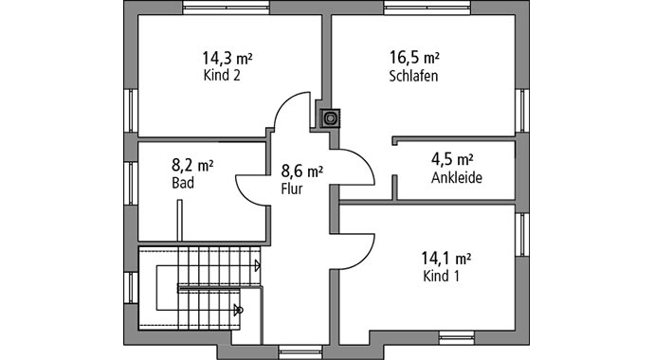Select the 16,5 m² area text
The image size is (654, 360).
414,59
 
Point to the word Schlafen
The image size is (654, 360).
413,76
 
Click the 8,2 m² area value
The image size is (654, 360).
192,165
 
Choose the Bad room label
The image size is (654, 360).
183,183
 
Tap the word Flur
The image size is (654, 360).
292,189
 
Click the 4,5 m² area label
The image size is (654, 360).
452,159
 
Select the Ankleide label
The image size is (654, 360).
456,177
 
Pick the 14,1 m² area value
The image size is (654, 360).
446,257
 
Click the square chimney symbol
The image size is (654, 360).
331,118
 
